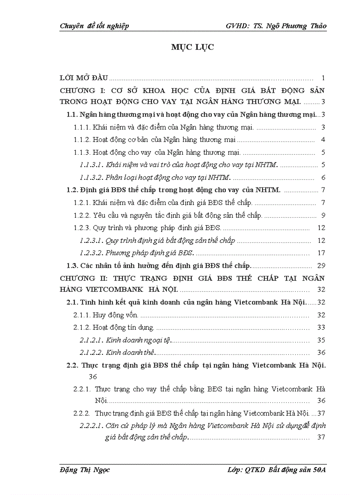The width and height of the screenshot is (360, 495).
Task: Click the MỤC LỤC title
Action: coord(192,47)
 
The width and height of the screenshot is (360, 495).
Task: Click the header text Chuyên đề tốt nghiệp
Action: coord(94,26)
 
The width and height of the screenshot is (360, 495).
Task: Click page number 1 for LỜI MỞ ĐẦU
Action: coord(323,78)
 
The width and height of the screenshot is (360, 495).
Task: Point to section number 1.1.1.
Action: coord(82,128)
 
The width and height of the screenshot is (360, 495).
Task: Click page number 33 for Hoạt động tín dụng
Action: coord(321,328)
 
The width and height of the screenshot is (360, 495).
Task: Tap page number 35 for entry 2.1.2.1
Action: coord(321,340)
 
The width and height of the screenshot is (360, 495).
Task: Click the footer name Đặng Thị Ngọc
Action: coord(85,469)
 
